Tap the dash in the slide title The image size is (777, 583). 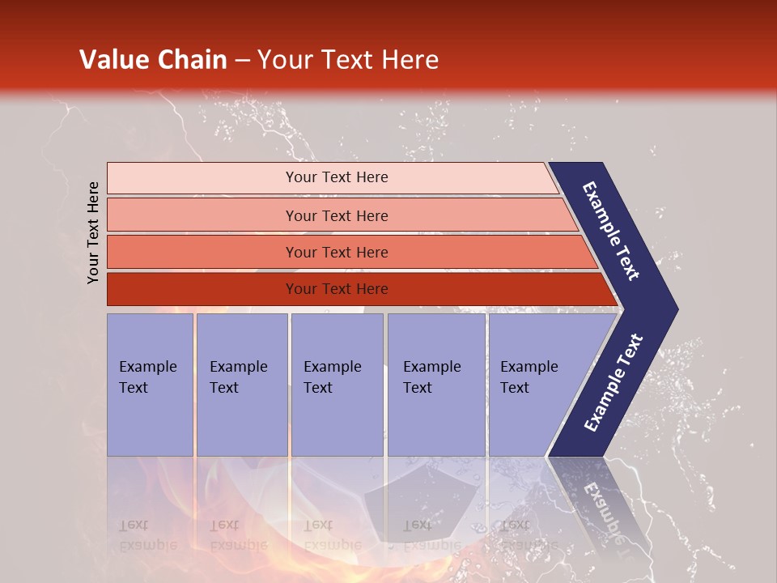point(242,61)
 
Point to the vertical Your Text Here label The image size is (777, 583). point(93,232)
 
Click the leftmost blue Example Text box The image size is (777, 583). point(150,385)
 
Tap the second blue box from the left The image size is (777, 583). point(241,385)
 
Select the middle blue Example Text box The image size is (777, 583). point(337,385)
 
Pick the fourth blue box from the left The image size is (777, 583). point(436,385)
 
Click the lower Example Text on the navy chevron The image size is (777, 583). point(614,382)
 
